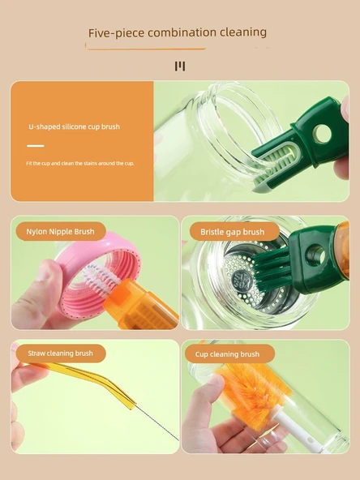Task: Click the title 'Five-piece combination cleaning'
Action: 178,32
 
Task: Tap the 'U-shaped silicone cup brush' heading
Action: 74,126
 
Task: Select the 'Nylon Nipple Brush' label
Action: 60,231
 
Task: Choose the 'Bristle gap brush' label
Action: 233,232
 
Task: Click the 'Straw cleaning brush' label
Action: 60,354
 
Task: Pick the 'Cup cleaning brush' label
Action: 227,354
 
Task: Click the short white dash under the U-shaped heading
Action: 36,146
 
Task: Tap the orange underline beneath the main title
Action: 145,49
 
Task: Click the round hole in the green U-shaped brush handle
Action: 322,134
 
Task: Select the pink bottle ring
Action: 98,279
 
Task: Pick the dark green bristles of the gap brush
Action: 272,270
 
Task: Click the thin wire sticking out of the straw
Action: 156,425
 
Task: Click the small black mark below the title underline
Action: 180,66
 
